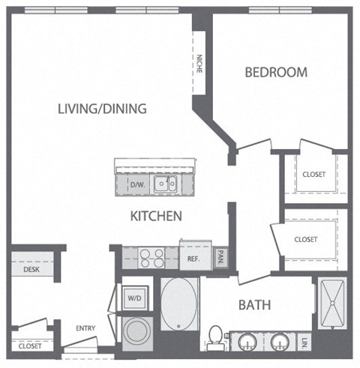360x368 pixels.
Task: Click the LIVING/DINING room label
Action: pyautogui.click(x=102, y=109)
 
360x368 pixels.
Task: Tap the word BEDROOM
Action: pyautogui.click(x=277, y=72)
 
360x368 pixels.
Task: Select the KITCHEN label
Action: pyautogui.click(x=157, y=216)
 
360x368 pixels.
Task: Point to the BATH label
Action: pyautogui.click(x=254, y=305)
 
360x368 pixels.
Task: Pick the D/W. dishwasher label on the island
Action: pyautogui.click(x=136, y=184)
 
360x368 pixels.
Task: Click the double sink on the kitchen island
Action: pyautogui.click(x=165, y=184)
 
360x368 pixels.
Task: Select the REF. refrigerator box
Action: pyautogui.click(x=193, y=259)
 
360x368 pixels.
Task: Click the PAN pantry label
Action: pyautogui.click(x=221, y=258)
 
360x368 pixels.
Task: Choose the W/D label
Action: pyautogui.click(x=135, y=298)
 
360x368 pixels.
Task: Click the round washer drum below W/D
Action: pyautogui.click(x=136, y=330)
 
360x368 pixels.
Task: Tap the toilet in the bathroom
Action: pyautogui.click(x=215, y=337)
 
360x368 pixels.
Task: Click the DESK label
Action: pyautogui.click(x=31, y=269)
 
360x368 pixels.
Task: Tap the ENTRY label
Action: pyautogui.click(x=85, y=327)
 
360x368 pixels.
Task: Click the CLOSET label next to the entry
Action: pyautogui.click(x=30, y=346)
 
